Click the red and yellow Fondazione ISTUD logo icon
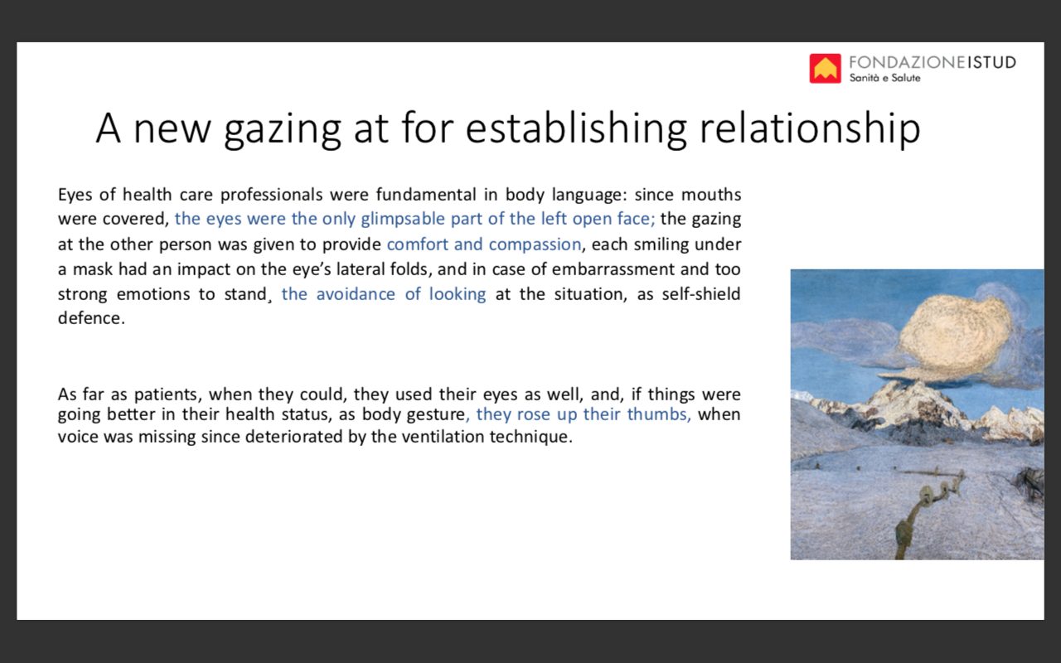point(825,68)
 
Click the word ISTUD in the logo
point(991,62)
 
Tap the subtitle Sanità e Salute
point(884,78)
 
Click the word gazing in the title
point(283,130)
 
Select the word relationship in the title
point(810,128)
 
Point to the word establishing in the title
point(576,128)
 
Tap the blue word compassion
point(535,244)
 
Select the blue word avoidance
point(356,294)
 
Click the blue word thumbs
point(659,414)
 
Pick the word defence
point(91,318)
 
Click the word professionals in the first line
point(271,195)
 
